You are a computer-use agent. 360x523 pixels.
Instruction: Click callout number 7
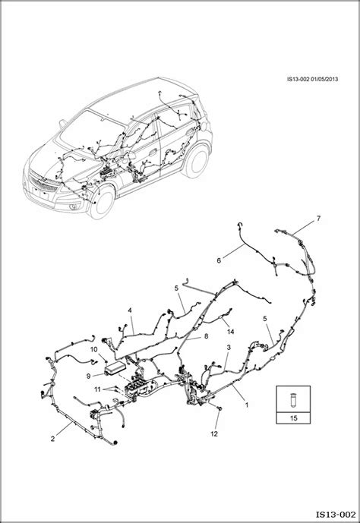(318, 219)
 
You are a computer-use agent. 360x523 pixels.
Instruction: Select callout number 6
(219, 260)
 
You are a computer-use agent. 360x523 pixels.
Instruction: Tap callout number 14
(231, 332)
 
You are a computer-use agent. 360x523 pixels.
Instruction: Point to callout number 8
(206, 336)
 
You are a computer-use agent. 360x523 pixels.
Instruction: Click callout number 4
(130, 310)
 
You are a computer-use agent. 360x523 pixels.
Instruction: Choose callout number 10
(93, 350)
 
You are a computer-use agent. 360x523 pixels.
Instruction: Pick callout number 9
(88, 376)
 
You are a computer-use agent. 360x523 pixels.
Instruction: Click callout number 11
(97, 389)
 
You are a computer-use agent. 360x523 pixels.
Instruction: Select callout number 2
(52, 439)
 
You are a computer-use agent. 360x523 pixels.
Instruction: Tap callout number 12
(214, 434)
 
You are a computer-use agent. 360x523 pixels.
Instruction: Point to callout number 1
(247, 405)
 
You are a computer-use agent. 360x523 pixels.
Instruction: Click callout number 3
(229, 348)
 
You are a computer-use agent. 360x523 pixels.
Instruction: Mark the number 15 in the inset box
(294, 418)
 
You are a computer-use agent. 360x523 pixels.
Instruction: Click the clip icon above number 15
(293, 399)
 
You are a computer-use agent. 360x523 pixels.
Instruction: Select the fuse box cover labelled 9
(115, 369)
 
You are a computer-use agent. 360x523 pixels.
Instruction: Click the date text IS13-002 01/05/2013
(312, 79)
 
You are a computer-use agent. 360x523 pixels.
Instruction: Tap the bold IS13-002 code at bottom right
(336, 515)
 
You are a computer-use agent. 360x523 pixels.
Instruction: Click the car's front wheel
(102, 201)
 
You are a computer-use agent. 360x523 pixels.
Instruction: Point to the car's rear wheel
(196, 160)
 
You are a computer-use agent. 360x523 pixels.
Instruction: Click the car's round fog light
(72, 208)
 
